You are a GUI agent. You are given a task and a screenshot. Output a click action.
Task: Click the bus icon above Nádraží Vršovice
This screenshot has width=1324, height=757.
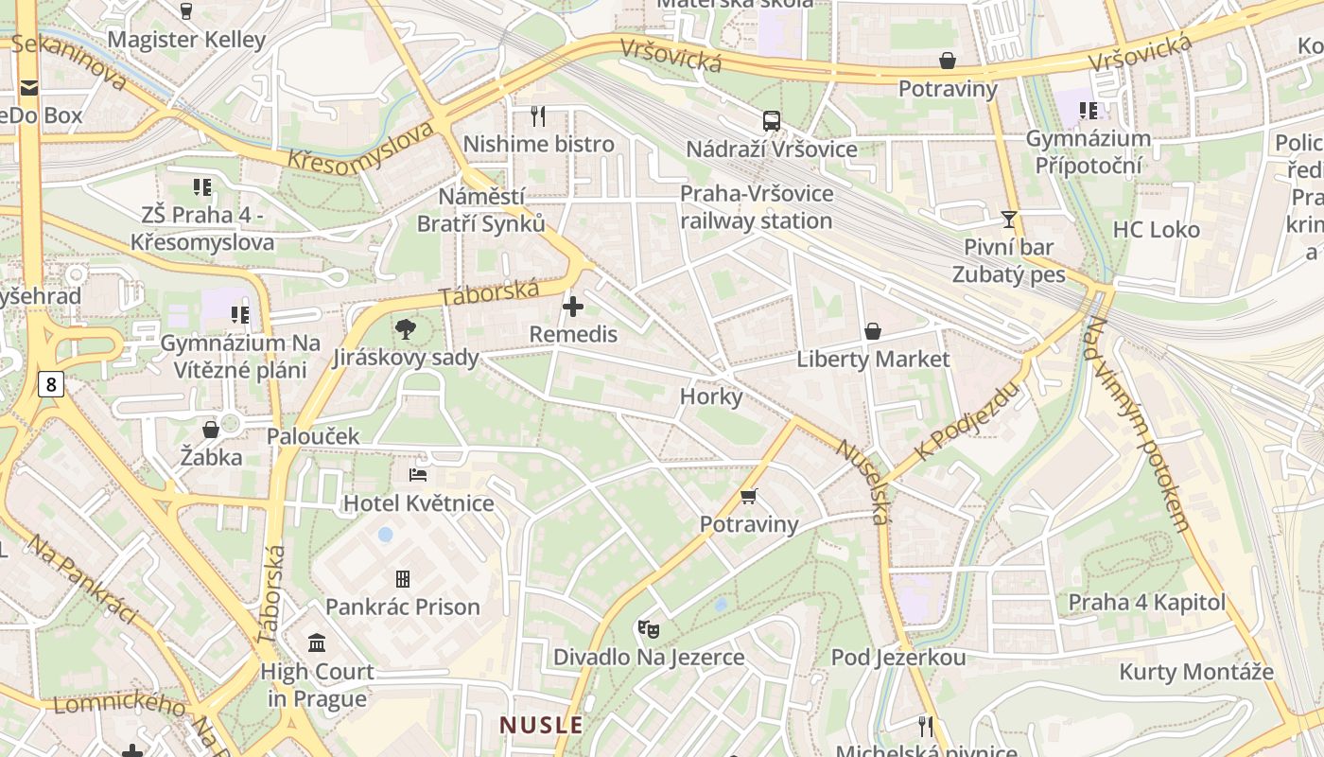tap(772, 121)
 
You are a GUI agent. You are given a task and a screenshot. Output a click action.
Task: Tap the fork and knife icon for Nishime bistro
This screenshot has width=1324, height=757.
tap(538, 116)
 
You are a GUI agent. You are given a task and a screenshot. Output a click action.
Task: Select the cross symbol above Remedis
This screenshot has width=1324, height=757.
tap(573, 307)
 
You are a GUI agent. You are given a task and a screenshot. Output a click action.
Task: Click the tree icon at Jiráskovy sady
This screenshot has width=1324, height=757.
tap(406, 329)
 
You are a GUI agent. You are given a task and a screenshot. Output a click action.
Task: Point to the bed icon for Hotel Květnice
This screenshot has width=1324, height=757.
tap(418, 475)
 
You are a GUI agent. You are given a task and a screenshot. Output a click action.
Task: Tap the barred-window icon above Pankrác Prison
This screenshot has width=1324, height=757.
tap(403, 578)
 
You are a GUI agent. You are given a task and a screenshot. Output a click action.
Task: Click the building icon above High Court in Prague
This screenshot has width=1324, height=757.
tap(318, 643)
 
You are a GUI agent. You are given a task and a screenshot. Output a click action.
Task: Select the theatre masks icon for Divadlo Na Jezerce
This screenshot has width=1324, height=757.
tap(648, 628)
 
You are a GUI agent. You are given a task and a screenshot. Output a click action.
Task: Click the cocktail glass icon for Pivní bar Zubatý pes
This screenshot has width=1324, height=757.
tap(1009, 220)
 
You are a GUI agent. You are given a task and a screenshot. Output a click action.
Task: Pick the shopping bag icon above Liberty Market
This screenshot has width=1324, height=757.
tap(872, 331)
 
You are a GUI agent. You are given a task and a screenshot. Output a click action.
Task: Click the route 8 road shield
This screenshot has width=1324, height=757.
tap(50, 384)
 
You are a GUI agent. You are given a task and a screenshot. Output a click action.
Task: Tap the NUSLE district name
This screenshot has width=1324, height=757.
tap(541, 726)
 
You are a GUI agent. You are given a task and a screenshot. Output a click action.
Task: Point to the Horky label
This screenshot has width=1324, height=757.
tap(711, 396)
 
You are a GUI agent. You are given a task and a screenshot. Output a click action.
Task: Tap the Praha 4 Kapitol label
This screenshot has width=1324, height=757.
tap(1146, 603)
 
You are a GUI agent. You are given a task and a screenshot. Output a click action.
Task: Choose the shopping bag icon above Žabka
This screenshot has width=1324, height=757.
tap(211, 430)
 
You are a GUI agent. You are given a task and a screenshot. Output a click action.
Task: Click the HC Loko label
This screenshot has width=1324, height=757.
tap(1156, 230)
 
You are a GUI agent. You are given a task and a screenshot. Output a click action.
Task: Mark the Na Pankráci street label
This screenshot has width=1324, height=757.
tap(82, 579)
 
